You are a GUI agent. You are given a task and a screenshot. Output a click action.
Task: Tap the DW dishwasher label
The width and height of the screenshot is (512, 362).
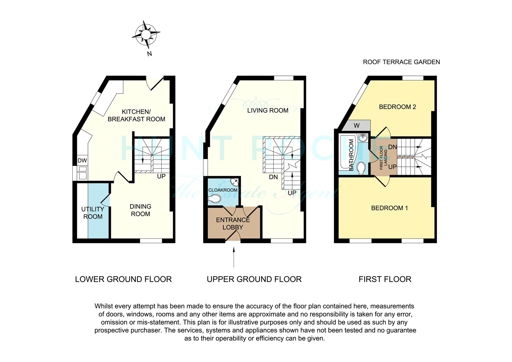click(x=82, y=161)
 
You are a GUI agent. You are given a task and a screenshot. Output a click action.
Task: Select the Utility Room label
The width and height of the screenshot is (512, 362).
click(x=93, y=213)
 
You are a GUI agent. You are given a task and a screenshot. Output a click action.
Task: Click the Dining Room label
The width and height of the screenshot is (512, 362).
click(x=140, y=210)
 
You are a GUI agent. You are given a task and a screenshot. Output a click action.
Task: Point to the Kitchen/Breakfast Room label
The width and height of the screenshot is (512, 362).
click(x=136, y=116)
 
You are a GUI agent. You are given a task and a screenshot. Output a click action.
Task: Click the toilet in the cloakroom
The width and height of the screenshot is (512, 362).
click(x=214, y=198)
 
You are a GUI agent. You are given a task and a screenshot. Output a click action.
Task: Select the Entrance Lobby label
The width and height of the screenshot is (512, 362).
click(x=233, y=224)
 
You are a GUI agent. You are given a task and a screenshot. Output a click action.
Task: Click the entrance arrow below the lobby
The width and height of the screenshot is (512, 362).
click(x=234, y=257)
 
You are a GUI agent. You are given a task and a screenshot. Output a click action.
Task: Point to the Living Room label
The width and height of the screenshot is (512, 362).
click(x=268, y=111)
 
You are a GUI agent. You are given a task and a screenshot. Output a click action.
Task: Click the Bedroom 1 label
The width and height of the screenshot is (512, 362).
click(x=389, y=208)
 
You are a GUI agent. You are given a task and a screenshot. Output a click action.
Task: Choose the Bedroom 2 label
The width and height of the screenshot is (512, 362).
click(x=397, y=107)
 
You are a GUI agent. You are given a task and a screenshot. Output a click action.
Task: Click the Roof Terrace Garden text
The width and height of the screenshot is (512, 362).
click(x=401, y=62)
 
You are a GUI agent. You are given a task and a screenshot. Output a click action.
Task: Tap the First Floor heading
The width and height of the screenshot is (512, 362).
click(x=385, y=279)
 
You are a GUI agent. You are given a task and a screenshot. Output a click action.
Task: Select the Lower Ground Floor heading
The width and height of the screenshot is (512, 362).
click(x=124, y=279)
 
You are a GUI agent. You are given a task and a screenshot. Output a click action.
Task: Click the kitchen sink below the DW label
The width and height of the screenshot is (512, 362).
click(x=82, y=173)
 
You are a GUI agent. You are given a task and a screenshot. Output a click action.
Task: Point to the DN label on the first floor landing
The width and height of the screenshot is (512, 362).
click(x=393, y=147)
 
